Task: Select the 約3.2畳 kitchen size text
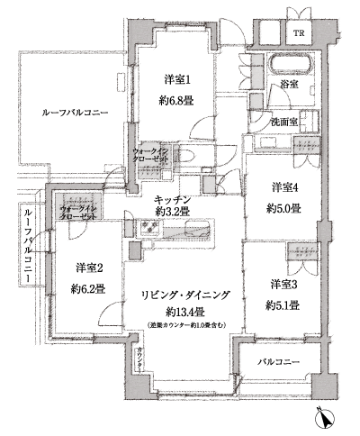tap(171, 212)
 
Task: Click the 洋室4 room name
tap(285, 187)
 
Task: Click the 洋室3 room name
tap(285, 284)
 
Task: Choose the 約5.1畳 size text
tap(285, 304)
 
